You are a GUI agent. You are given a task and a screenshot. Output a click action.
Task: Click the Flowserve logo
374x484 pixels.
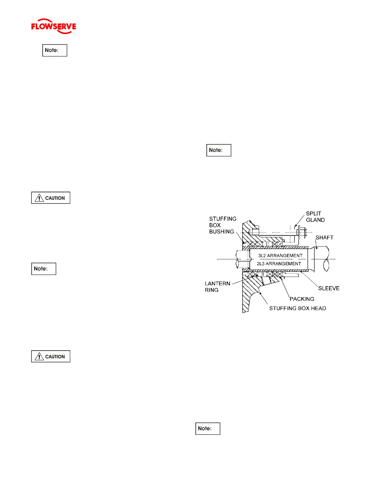point(53,26)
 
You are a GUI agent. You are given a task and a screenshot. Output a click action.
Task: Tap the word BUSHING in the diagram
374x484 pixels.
point(222,232)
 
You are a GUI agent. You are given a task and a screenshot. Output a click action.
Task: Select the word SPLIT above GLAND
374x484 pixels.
point(313,214)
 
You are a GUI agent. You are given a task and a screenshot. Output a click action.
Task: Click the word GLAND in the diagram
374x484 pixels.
point(315,220)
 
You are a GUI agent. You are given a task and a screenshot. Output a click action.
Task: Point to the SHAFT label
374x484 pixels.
point(324,237)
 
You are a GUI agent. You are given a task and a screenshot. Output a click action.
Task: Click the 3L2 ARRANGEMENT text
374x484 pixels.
point(280,255)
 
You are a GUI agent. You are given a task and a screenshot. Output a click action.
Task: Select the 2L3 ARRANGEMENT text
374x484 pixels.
point(279,264)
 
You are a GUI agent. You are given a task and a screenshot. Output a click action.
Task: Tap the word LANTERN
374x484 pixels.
point(218,284)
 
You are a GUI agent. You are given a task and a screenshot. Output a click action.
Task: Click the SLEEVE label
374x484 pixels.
point(329,288)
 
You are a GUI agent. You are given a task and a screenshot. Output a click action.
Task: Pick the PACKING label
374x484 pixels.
point(302,299)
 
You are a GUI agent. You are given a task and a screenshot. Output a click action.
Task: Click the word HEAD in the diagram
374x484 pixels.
point(318,308)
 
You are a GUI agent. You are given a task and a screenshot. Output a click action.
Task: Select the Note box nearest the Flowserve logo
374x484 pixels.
point(55,50)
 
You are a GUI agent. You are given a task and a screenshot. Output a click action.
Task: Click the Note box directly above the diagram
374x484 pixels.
point(219,150)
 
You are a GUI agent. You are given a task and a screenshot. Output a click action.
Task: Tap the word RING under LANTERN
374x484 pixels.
point(212,290)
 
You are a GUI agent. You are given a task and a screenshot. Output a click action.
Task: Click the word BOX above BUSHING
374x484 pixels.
point(215,225)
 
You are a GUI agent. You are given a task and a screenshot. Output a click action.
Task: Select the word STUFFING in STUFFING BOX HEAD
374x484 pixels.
point(280,308)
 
